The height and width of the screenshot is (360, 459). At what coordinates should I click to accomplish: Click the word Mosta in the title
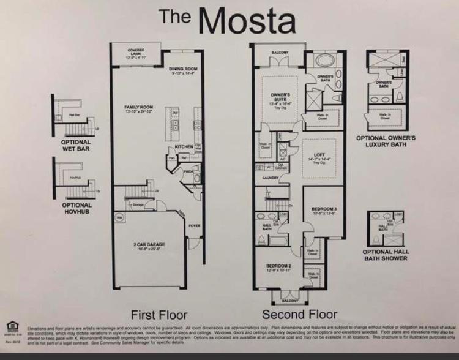click(248, 21)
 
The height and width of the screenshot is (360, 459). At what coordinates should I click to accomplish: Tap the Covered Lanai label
click(136, 53)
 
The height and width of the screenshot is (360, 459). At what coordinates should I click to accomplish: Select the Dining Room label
click(183, 70)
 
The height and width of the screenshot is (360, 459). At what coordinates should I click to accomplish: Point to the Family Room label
click(138, 109)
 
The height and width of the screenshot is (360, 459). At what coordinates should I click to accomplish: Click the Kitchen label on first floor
click(184, 147)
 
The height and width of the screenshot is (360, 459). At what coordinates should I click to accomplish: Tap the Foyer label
click(195, 225)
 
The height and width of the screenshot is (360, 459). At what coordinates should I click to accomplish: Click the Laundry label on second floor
click(271, 178)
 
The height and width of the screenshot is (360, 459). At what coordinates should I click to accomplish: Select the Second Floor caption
click(299, 315)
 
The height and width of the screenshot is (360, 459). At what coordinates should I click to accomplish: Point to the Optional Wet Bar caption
click(76, 145)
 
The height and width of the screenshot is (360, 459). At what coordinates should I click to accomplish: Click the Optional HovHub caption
click(76, 209)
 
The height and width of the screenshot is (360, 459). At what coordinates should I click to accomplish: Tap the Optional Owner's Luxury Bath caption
click(386, 141)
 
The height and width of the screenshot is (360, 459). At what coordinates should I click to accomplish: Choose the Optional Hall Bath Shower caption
click(386, 255)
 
